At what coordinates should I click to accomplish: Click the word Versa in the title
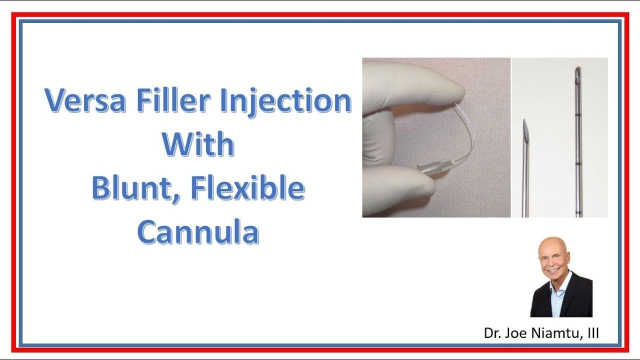(85, 100)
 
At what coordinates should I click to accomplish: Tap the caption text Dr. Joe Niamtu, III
(541, 333)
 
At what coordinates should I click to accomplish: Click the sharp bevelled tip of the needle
(525, 120)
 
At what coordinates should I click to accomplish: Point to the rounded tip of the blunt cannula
(577, 68)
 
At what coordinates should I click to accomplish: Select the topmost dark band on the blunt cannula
(578, 115)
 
